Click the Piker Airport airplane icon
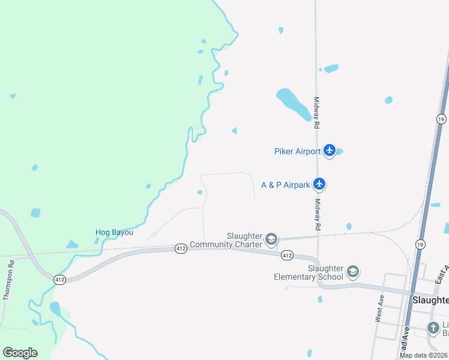(329, 151)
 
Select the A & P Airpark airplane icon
(320, 184)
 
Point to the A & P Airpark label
(286, 185)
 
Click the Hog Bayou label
(114, 232)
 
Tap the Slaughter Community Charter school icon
(271, 239)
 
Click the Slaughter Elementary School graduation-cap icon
(352, 272)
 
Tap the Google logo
(20, 353)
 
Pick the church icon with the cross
(433, 328)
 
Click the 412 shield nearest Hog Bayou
(181, 247)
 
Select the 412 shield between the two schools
(287, 256)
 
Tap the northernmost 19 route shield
(441, 119)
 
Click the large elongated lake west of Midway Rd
(293, 103)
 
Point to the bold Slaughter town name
(430, 299)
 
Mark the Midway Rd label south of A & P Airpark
(317, 215)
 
